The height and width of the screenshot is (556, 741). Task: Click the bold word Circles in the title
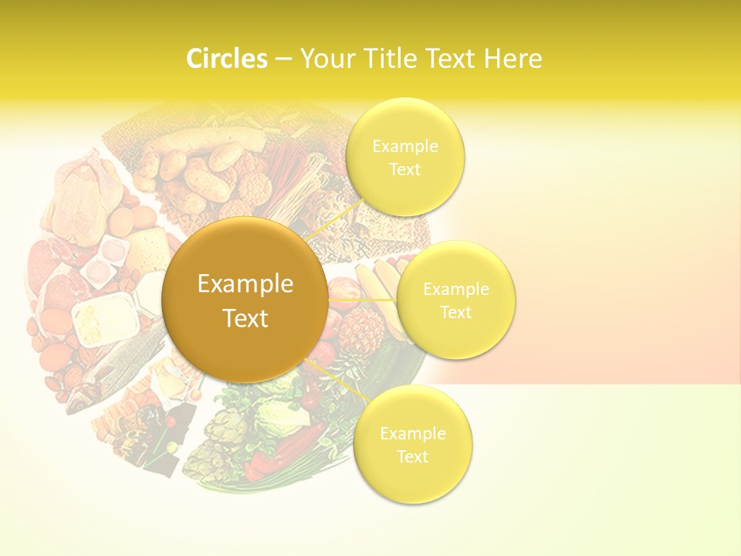coord(226,59)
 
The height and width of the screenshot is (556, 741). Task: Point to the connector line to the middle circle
coord(363,299)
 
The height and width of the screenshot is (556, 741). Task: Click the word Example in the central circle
coord(245,284)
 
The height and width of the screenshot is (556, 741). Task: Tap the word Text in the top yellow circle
coord(404,170)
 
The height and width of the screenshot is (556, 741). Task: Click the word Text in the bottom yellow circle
coord(412,457)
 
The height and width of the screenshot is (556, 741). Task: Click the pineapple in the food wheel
coord(360,334)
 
